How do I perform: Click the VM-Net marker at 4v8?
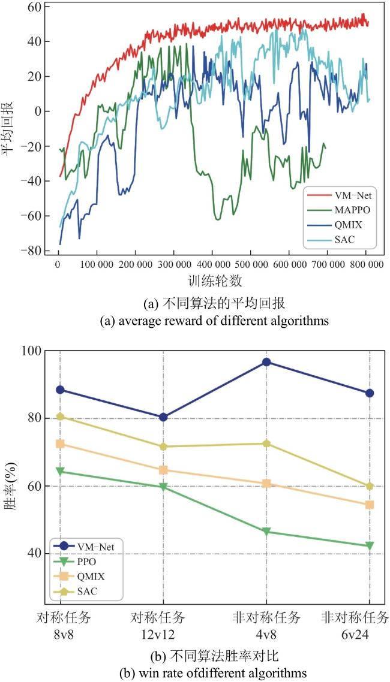click(266, 362)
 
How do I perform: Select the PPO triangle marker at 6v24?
click(370, 545)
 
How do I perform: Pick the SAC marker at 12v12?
click(163, 446)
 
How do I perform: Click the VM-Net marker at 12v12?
click(163, 417)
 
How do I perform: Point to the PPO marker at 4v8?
click(266, 532)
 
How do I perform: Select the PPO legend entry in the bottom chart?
click(77, 562)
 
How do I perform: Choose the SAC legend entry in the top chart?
click(334, 238)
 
